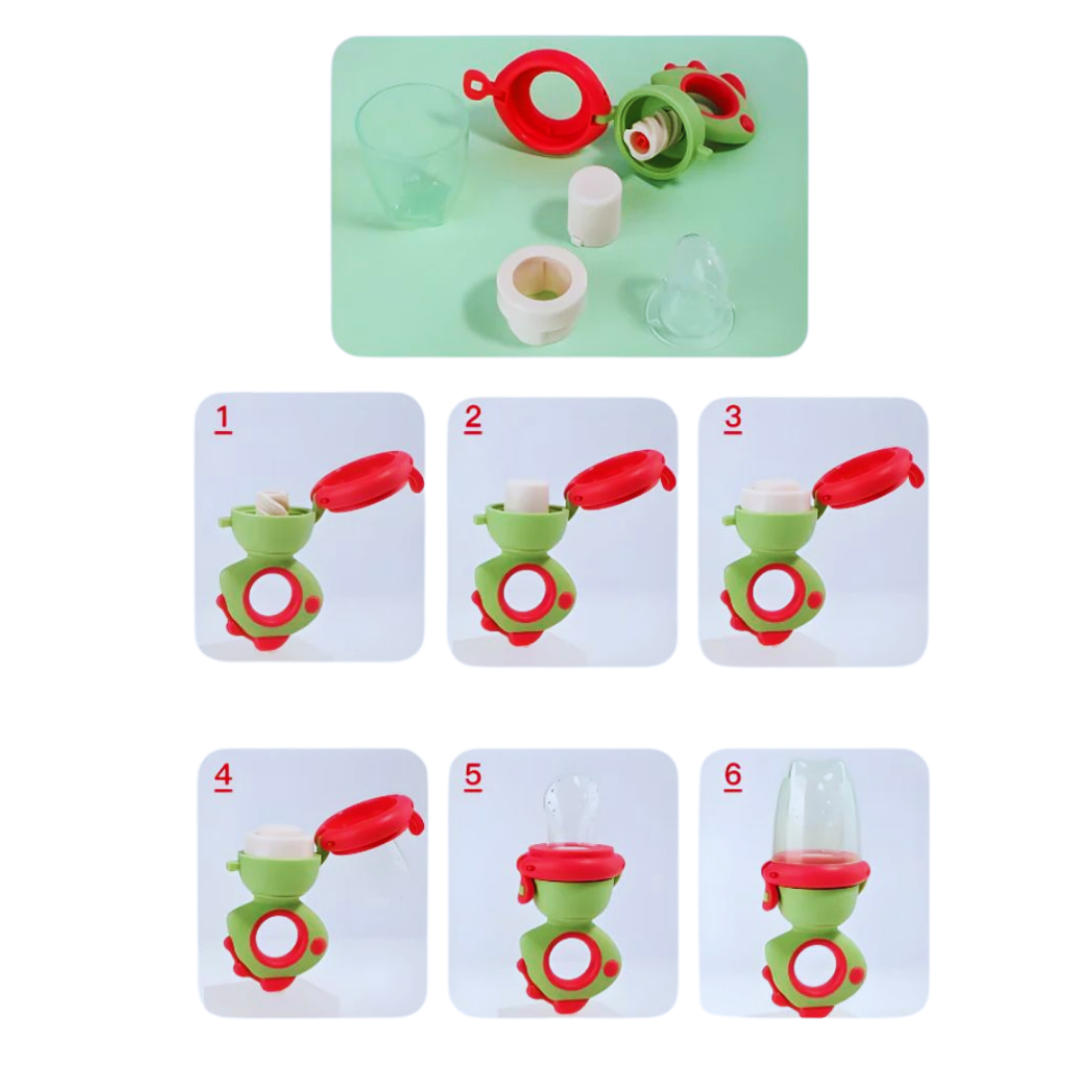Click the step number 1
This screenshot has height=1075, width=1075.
pos(222,420)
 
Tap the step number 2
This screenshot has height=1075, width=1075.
pos(473,419)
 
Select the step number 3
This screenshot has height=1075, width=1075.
pos(733,417)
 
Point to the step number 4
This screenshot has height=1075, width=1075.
pos(223,776)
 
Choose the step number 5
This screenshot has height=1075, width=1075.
pos(473,776)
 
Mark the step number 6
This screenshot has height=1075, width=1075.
pos(733,775)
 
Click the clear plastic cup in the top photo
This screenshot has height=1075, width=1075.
pos(412,155)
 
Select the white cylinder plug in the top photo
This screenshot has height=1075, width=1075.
pos(593,206)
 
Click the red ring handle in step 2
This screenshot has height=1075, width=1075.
pos(524,594)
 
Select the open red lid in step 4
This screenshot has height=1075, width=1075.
pos(369,825)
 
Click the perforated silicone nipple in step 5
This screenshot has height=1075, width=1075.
pos(571,812)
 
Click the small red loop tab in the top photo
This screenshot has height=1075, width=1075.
pos(473,86)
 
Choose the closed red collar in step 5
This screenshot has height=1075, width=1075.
pos(570,864)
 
